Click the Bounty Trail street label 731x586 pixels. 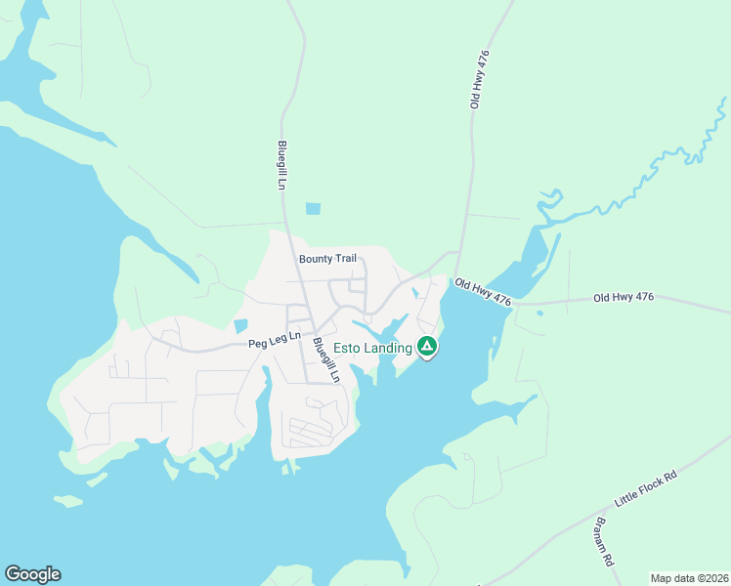(x=327, y=258)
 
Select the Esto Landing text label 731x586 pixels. (x=372, y=348)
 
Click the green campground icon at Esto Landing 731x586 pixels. (x=427, y=347)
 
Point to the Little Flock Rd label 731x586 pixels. (x=645, y=488)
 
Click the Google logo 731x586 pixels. (x=32, y=574)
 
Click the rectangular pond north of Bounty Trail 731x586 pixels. (x=313, y=208)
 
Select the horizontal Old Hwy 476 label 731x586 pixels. (x=623, y=297)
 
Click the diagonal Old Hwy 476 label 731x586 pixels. (x=482, y=291)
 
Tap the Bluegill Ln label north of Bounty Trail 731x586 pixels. (x=281, y=164)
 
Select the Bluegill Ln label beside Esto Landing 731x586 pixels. (x=325, y=360)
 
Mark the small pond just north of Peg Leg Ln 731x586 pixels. (x=240, y=325)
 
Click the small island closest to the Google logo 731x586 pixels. (x=67, y=502)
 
